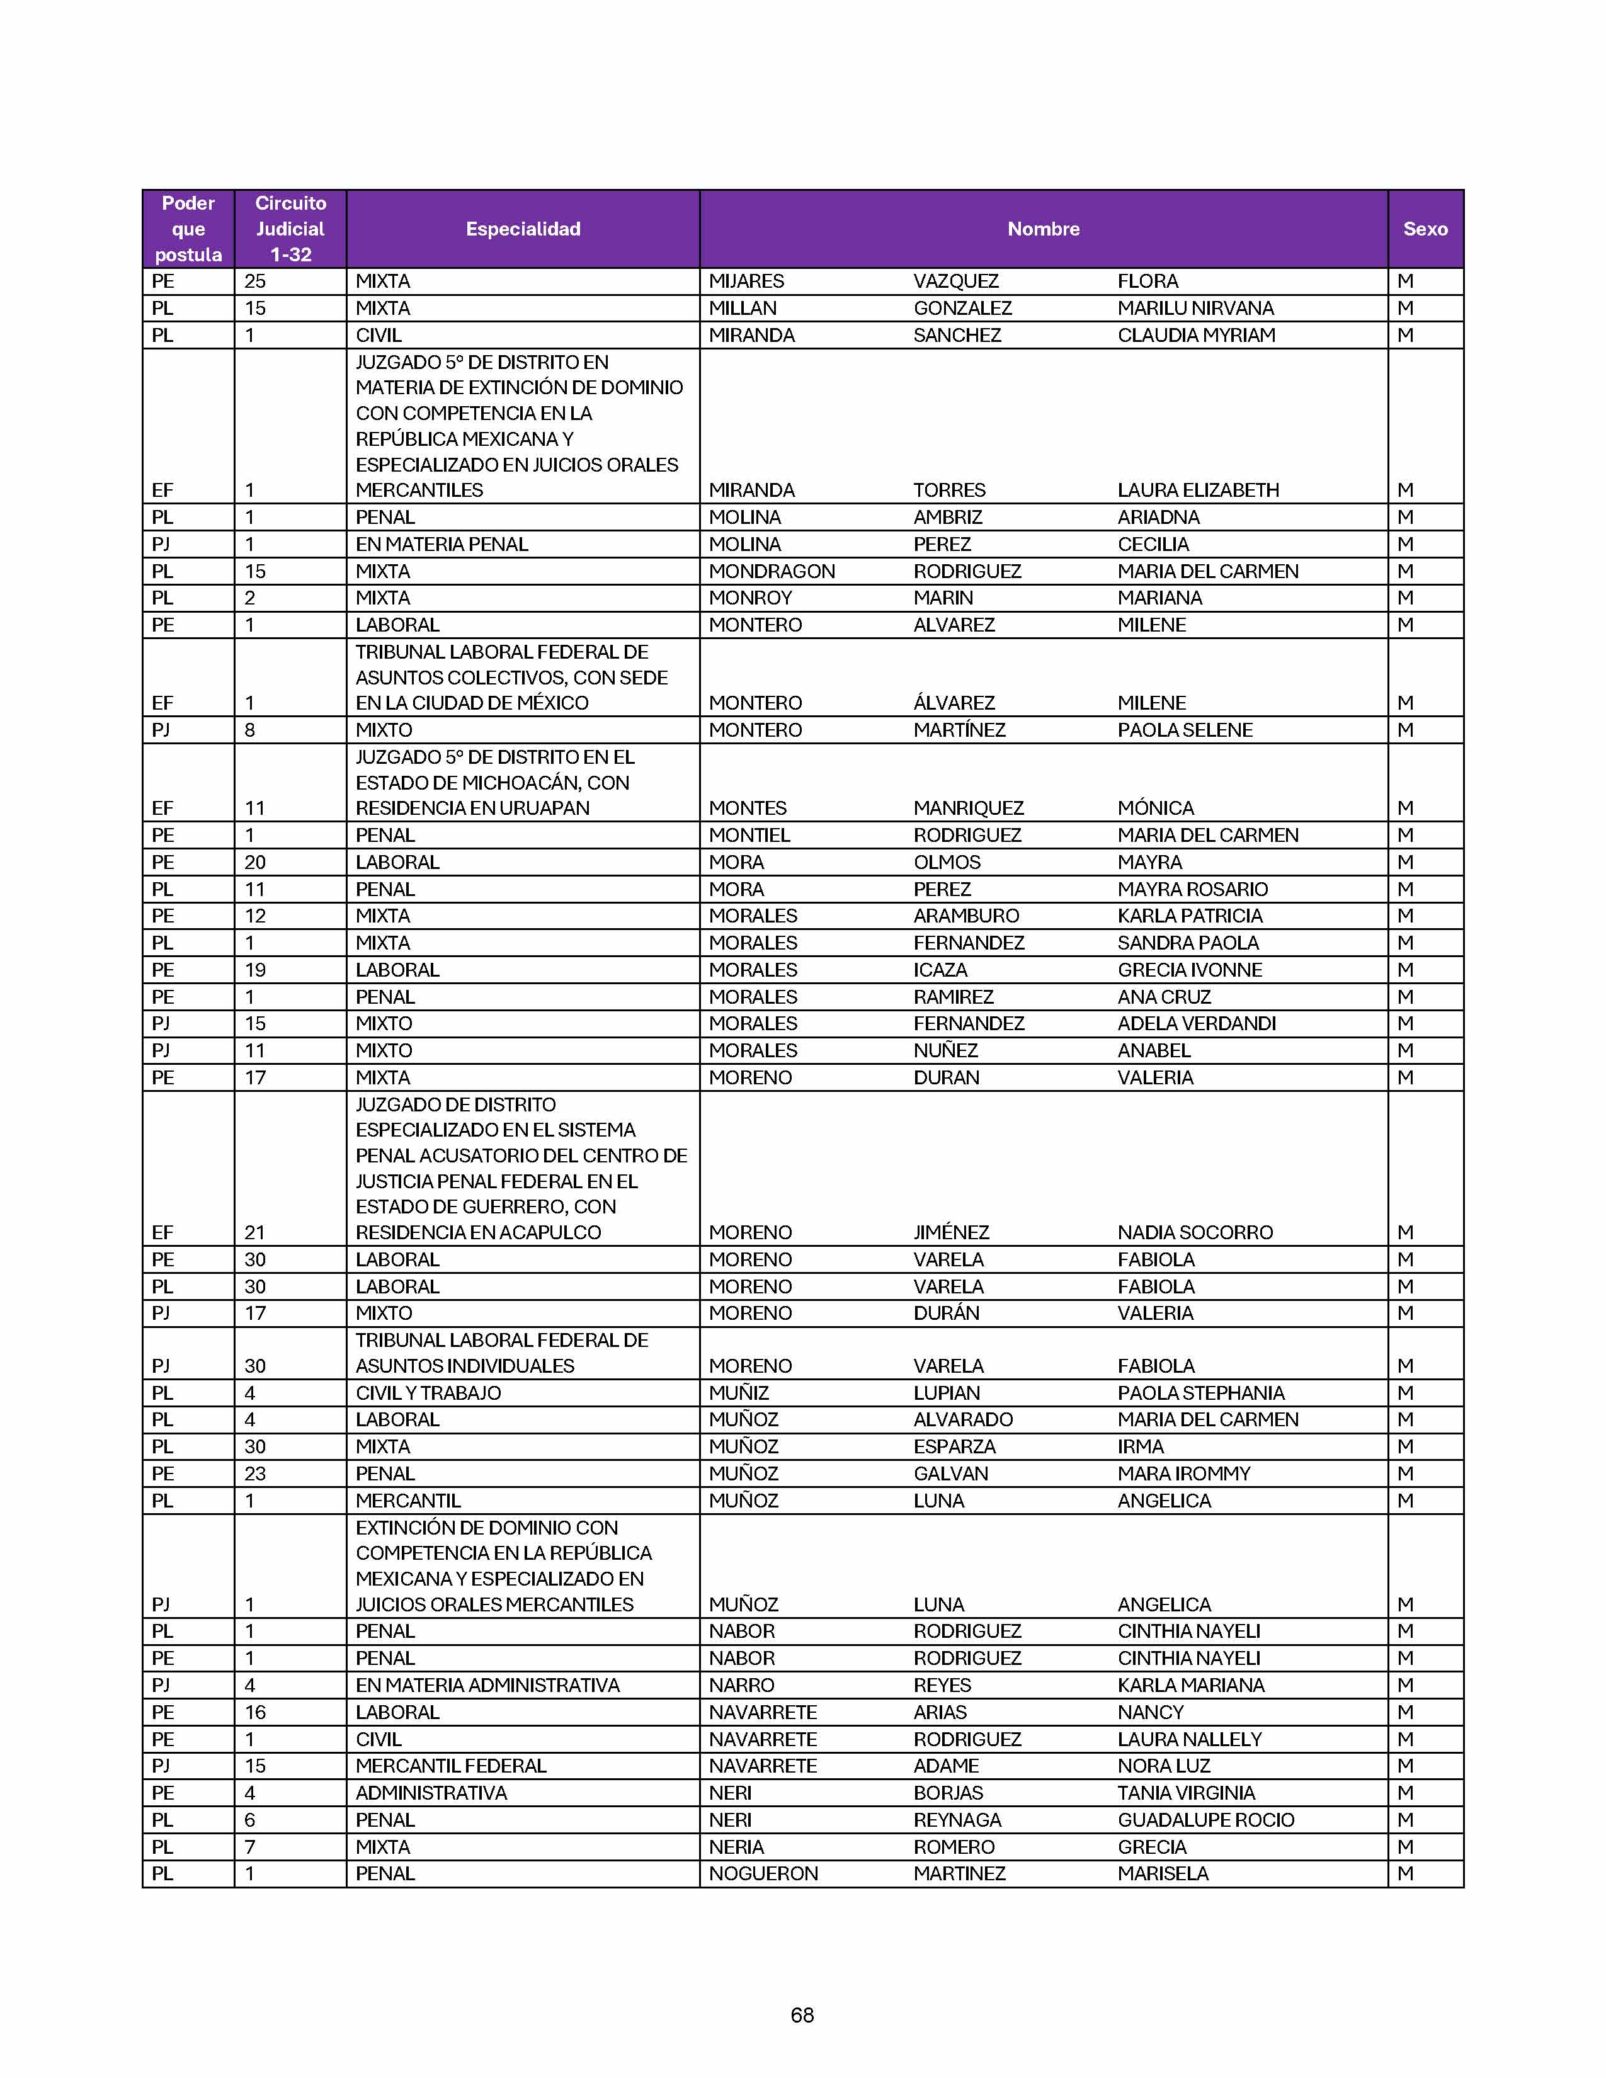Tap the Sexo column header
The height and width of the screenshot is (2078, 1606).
[1424, 229]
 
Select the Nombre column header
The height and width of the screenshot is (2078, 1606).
[1043, 229]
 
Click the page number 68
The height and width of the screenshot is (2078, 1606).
[802, 2014]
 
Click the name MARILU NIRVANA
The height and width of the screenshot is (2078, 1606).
[1195, 309]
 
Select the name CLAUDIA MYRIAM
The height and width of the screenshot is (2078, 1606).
[1196, 335]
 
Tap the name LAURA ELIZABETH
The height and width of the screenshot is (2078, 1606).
[1198, 490]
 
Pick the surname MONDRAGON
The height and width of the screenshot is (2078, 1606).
[772, 571]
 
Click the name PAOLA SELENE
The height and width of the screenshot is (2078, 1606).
[1185, 730]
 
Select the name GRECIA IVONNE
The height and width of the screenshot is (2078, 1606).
[1189, 970]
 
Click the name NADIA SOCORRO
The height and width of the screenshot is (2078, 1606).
[1195, 1232]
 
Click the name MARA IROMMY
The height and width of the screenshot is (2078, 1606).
[1183, 1473]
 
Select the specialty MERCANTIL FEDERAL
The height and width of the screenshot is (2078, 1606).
[451, 1765]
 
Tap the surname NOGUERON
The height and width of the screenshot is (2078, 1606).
[763, 1873]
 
